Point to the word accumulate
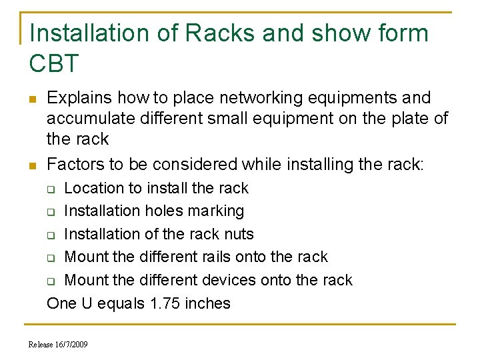[90, 119]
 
